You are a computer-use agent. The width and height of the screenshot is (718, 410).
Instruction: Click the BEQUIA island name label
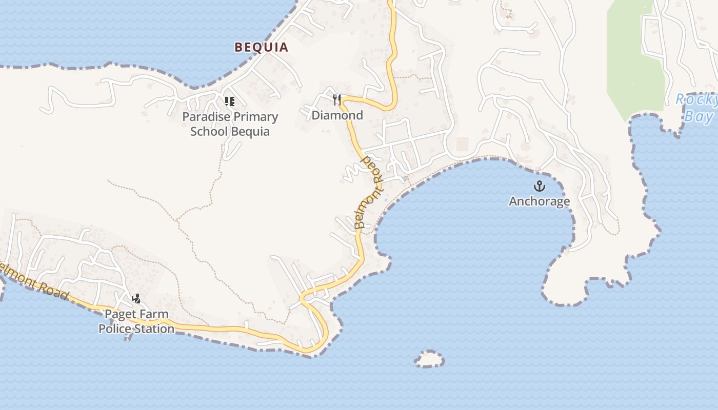[x=261, y=47]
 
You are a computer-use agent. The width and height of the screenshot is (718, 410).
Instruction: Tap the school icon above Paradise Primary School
[x=229, y=101]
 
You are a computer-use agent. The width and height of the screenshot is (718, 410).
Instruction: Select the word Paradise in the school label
[x=204, y=117]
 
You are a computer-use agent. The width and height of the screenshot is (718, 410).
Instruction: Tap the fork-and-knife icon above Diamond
[x=337, y=99]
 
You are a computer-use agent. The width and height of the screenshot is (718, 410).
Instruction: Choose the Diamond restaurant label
[x=337, y=115]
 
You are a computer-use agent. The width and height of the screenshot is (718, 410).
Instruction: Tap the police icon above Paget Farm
[x=136, y=298]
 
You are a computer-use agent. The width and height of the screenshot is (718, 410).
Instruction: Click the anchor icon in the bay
[x=539, y=186]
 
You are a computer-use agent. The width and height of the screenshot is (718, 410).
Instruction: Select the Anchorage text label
[x=539, y=201]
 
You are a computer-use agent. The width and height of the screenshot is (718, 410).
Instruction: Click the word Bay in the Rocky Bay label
[x=699, y=116]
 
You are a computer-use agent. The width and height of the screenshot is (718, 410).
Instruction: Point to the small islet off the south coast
[x=429, y=359]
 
